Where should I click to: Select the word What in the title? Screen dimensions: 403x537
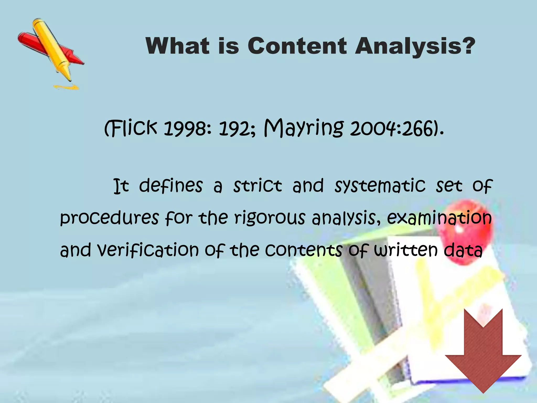(178, 46)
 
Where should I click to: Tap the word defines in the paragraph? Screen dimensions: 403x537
(171, 186)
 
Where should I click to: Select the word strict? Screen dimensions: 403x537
(257, 186)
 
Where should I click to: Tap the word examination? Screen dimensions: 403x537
(439, 218)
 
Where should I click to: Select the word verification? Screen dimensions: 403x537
(148, 250)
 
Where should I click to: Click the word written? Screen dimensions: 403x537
(406, 250)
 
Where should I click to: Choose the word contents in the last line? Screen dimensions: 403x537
(303, 250)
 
